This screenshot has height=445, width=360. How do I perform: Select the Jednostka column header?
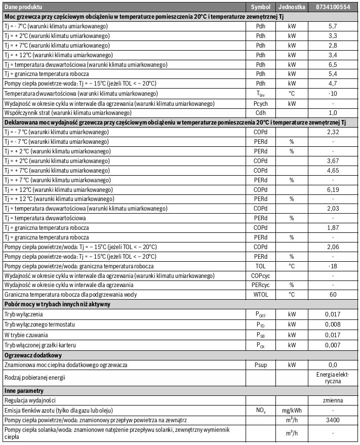[291, 8]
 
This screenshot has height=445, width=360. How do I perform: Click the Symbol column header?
[261, 8]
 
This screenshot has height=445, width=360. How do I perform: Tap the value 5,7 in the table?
[332, 25]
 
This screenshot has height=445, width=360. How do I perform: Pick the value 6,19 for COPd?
[332, 189]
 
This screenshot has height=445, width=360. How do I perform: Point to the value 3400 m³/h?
[332, 420]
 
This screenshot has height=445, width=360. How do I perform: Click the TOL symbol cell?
[261, 266]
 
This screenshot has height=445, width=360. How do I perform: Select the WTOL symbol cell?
[261, 294]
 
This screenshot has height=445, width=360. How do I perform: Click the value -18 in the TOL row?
[332, 266]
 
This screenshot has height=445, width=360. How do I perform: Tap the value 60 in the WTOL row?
[332, 294]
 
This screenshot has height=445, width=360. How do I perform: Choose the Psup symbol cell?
[261, 364]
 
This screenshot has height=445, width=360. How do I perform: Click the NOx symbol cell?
[261, 410]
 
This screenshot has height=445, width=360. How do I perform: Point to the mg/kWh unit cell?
[291, 410]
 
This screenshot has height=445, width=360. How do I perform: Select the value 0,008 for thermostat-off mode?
[332, 323]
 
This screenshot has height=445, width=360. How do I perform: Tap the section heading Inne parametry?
[24, 390]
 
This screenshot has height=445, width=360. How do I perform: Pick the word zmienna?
[332, 400]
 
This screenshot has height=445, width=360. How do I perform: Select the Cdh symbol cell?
[261, 112]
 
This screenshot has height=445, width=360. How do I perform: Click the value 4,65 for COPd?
[332, 170]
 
